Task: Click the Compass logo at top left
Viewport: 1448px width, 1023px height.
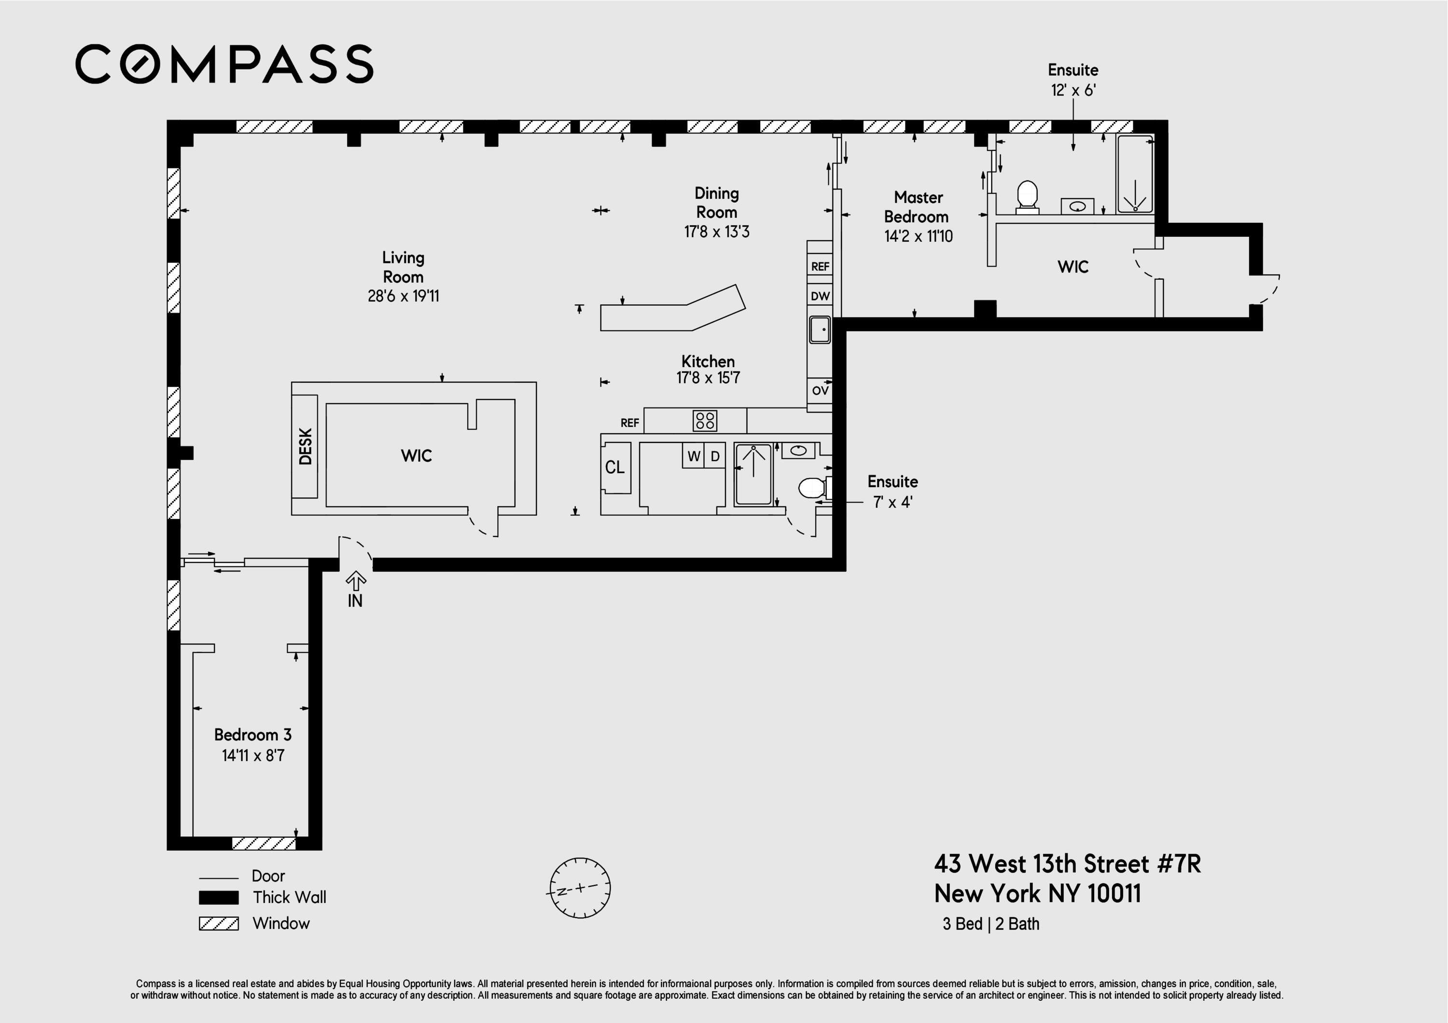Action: [224, 64]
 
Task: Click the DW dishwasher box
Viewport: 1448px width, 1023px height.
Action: [820, 296]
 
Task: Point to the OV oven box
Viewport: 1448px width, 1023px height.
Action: [820, 391]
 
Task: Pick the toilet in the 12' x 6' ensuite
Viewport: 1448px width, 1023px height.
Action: [1027, 197]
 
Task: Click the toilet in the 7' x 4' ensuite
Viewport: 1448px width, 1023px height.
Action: [815, 488]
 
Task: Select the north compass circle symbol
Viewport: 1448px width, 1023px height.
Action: [580, 888]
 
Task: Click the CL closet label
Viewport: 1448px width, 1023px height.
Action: [615, 467]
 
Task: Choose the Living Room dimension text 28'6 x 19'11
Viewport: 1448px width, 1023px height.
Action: [404, 296]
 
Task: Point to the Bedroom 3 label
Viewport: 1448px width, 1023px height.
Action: [253, 735]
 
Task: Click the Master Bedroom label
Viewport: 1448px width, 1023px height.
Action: [918, 207]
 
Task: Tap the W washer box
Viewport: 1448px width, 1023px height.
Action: [694, 456]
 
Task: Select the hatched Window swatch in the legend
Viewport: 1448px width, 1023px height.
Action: [219, 924]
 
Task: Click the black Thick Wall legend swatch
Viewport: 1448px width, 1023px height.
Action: [219, 897]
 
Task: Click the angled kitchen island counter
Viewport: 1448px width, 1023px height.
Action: [673, 310]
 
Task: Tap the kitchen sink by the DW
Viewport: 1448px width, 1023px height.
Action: [820, 329]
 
